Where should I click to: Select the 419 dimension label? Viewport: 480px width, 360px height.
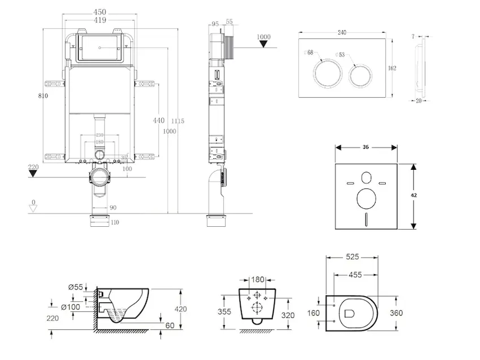100,20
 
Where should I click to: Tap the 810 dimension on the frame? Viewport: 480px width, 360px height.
41,95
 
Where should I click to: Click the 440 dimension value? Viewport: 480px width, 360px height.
158,121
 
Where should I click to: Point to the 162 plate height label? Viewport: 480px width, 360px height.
392,68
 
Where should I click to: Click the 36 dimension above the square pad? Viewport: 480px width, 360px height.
365,147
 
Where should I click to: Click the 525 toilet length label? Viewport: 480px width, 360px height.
352,257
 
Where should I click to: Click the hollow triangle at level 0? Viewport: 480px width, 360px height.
34,208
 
